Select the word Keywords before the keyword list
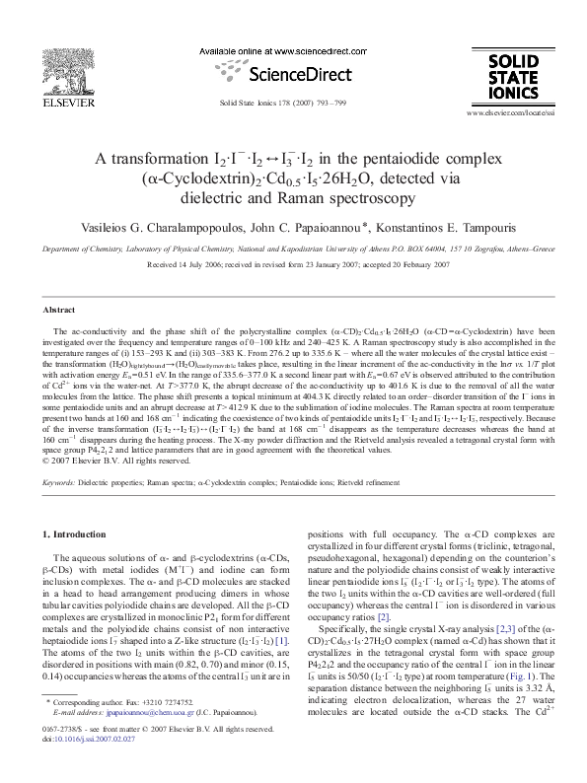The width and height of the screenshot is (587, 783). point(59,482)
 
